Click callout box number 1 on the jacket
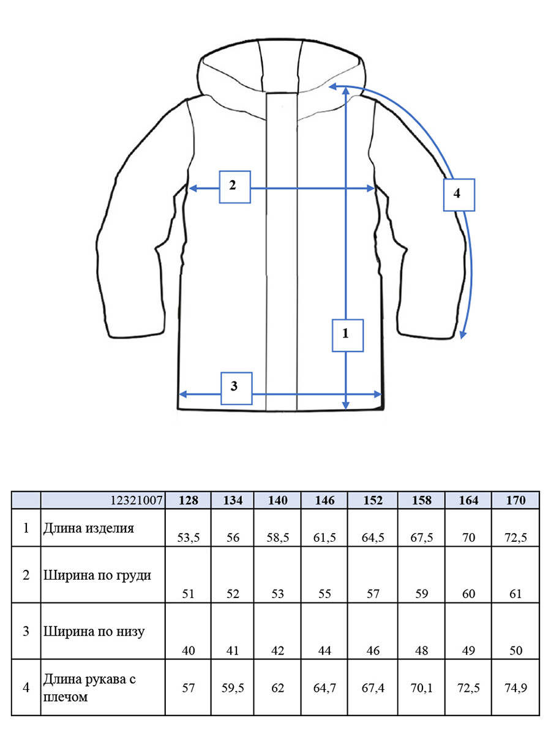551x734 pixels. coord(347,335)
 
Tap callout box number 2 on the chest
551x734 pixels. coord(234,187)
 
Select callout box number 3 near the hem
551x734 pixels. coord(236,388)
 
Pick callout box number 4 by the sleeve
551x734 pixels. coord(459,195)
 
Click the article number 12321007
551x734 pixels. coord(137,500)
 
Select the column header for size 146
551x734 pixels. coord(324,500)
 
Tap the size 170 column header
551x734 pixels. coord(515,500)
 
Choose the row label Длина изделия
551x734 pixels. coord(89,528)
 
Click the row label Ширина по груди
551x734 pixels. coord(97,575)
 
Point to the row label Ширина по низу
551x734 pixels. coord(94,632)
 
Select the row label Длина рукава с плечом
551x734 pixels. coord(89,687)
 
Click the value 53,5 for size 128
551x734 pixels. coord(188,538)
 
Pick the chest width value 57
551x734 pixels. coord(373,594)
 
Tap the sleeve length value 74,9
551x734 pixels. coord(515,687)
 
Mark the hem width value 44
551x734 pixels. coord(324,651)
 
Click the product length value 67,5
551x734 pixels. coord(421,538)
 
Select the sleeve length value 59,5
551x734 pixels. coord(233,687)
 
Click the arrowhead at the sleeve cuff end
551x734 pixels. coord(463,334)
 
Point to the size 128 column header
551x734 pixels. coord(188,500)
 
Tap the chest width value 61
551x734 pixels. coord(515,594)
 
